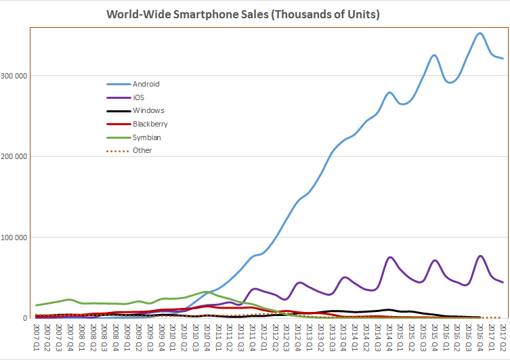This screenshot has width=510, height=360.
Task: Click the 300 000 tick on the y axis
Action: [x=15, y=76]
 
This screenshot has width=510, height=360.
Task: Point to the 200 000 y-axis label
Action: [x=15, y=156]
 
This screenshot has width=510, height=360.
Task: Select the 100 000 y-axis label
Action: [x=15, y=238]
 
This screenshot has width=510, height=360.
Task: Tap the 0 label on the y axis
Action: [x=24, y=318]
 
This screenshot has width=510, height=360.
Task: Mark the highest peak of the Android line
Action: [x=480, y=33]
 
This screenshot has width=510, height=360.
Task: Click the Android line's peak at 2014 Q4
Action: [x=389, y=92]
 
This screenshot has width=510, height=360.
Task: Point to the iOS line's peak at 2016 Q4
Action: [x=480, y=256]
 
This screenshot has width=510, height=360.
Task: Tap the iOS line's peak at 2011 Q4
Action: [x=255, y=289]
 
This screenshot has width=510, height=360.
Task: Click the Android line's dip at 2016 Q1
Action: [x=449, y=83]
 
